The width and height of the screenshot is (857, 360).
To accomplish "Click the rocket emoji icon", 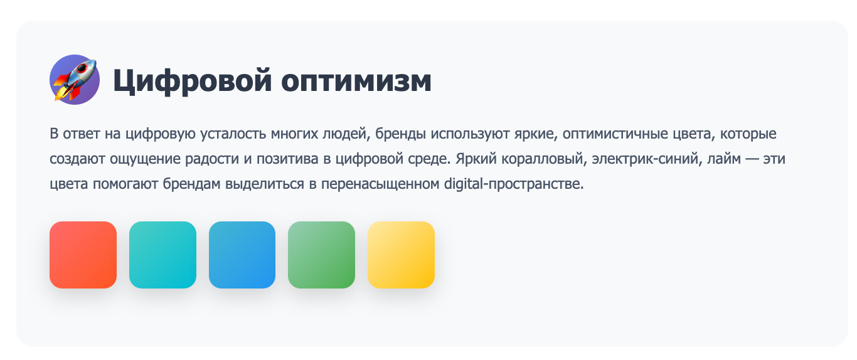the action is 75,80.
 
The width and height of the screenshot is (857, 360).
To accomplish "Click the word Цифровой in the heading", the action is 193,80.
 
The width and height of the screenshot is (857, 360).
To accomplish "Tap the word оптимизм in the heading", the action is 356,80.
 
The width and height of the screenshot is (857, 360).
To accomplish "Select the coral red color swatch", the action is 83,255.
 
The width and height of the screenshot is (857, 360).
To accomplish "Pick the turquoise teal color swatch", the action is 162,255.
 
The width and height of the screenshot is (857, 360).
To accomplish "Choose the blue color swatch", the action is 242,255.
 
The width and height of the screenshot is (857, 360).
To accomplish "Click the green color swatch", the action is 321,255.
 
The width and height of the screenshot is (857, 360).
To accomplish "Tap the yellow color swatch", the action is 401,255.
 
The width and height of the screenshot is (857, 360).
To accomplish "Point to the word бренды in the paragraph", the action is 400,134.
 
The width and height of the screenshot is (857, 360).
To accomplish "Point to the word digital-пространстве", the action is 514,184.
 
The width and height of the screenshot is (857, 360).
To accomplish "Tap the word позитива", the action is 287,159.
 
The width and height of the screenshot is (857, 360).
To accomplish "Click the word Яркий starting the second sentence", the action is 476,159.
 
